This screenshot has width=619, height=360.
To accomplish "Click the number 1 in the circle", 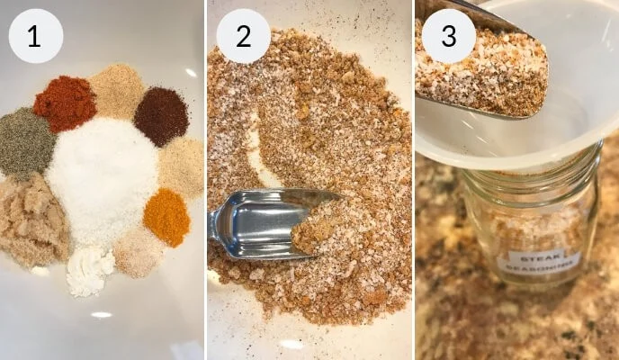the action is pyautogui.click(x=34, y=36).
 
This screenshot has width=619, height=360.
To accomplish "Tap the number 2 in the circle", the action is pyautogui.click(x=243, y=36).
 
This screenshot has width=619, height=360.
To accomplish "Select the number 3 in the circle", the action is pyautogui.click(x=449, y=36).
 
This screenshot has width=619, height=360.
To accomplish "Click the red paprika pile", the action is pyautogui.click(x=65, y=103).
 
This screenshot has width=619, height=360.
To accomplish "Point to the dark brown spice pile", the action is pyautogui.click(x=161, y=116).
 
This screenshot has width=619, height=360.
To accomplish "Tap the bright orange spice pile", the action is pyautogui.click(x=166, y=217).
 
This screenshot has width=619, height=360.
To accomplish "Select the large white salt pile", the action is pyautogui.click(x=102, y=181).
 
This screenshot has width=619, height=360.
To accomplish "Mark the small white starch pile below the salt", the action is pyautogui.click(x=90, y=271).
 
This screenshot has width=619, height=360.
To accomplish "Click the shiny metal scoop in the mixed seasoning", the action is pyautogui.click(x=261, y=224).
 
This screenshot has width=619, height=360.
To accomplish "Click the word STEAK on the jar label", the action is pyautogui.click(x=535, y=258).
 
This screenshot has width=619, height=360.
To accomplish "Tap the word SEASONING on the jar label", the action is pyautogui.click(x=537, y=266).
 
